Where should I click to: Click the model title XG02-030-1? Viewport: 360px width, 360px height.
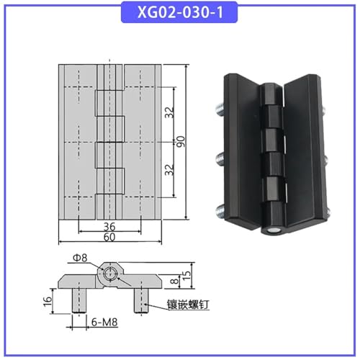tap(180, 12)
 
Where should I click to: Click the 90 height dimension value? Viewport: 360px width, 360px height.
tap(181, 142)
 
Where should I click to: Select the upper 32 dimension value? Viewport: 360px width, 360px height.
tap(170, 112)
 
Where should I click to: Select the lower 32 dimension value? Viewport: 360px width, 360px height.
tap(170, 170)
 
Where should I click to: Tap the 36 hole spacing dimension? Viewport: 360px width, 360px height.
tap(109, 227)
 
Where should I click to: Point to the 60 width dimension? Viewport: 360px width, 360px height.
tap(109, 237)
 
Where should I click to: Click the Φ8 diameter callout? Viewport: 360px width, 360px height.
tap(80, 258)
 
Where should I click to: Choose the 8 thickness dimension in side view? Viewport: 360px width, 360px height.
tap(176, 281)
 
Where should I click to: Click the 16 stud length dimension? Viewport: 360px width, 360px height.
tap(48, 301)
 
